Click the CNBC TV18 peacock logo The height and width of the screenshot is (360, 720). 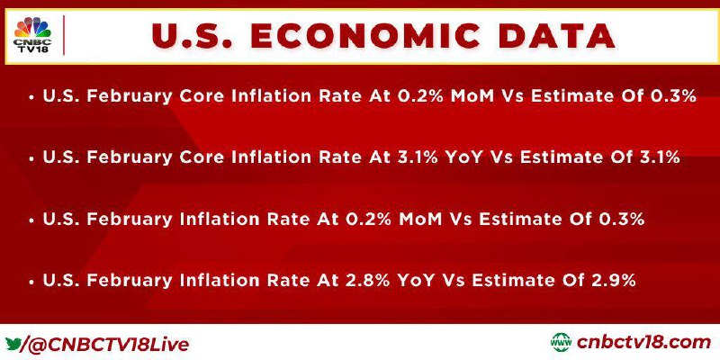32,35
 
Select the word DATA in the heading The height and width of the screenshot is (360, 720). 557,36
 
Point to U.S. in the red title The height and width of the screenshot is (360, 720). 190,36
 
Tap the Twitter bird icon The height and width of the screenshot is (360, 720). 13,344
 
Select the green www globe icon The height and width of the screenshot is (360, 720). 561,343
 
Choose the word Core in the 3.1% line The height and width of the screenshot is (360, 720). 202,157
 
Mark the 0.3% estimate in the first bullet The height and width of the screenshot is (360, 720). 674,96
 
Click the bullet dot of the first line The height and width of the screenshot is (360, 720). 31,98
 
